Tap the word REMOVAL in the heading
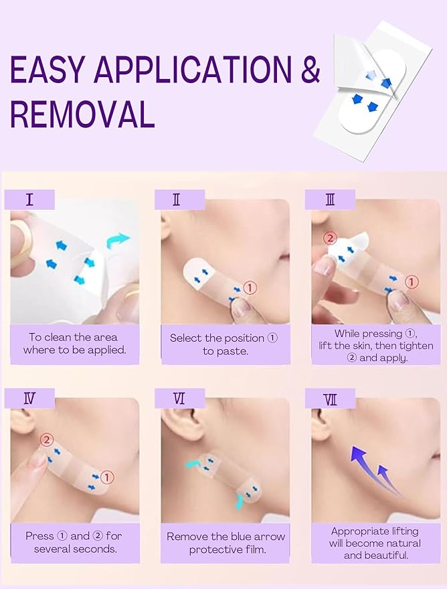[x=82, y=114]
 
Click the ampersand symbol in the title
[x=309, y=70]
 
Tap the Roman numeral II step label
[x=176, y=200]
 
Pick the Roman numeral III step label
[x=329, y=200]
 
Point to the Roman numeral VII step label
[x=330, y=399]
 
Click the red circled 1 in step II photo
[x=250, y=287]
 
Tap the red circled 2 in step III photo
[x=329, y=238]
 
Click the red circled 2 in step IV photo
[x=46, y=440]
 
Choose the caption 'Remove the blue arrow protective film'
[x=226, y=543]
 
